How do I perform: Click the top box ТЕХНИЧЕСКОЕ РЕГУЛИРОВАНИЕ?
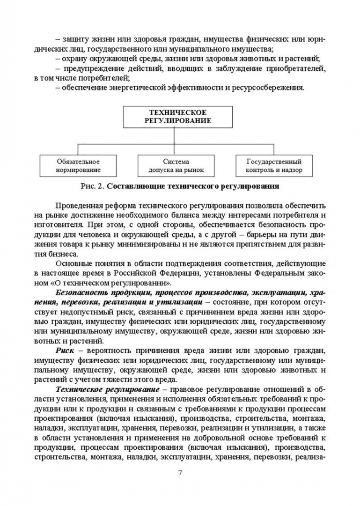point(179,117)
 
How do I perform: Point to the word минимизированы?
point(150,245)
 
